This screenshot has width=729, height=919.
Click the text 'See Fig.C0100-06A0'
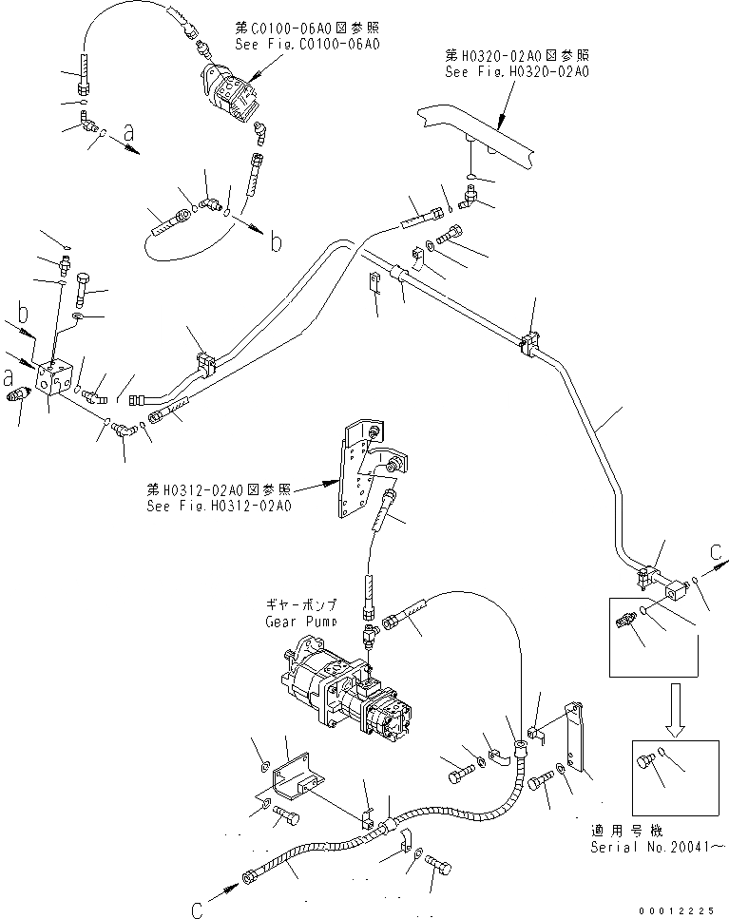tap(305, 44)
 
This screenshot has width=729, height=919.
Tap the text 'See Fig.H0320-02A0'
tap(517, 70)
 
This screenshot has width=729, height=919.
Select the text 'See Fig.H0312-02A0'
tap(218, 506)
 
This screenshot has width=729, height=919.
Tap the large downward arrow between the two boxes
tap(675, 707)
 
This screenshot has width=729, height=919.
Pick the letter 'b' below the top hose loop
tap(276, 243)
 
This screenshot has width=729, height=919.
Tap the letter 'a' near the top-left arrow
tap(128, 144)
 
